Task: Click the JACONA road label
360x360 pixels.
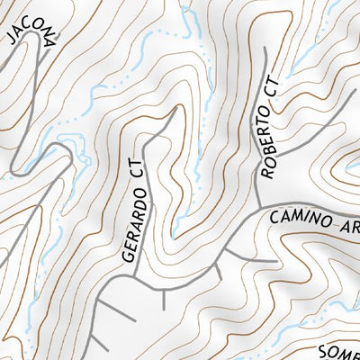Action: pos(32,25)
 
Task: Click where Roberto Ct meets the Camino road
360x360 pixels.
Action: pos(257,207)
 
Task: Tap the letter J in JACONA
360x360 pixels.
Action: pos(12,37)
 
